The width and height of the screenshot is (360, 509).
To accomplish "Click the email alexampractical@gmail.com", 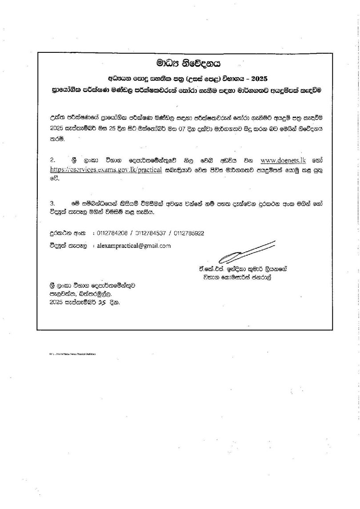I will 134,245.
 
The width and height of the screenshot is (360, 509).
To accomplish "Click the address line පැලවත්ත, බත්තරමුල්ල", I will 78,294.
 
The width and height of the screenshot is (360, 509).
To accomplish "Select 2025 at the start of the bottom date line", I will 57,302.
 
